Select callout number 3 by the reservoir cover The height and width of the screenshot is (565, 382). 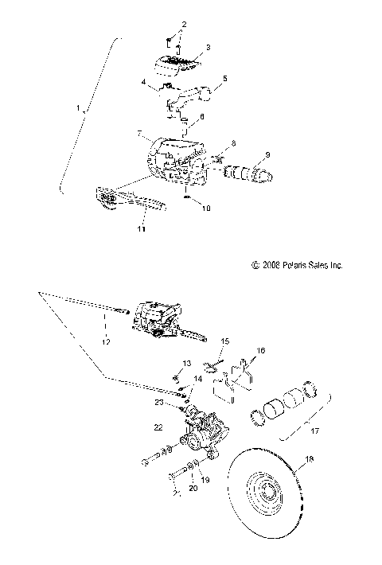(208, 48)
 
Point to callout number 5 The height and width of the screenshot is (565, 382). (225, 79)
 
